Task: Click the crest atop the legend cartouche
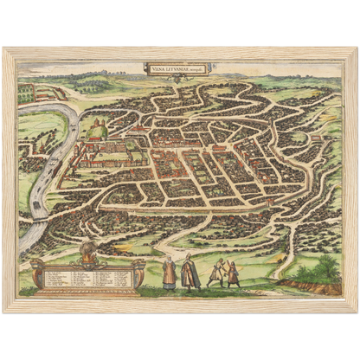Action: pos(86,253)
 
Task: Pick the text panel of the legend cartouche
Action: pos(86,278)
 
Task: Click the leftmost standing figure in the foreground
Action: pos(170,273)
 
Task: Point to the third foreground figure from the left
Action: pos(215,273)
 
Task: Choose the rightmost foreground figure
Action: pos(234,273)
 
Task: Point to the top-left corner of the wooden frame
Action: pos(5,49)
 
